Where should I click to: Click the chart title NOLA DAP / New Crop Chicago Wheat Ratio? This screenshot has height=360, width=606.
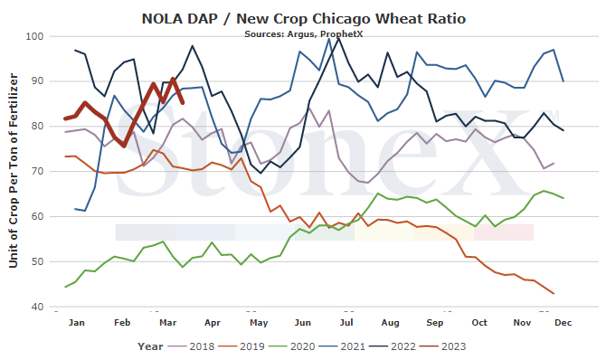(303, 19)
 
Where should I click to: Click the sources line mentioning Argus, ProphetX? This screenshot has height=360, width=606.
(303, 34)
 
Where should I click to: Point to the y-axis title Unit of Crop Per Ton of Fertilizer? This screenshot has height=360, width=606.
(14, 171)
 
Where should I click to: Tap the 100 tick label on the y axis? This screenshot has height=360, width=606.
(34, 36)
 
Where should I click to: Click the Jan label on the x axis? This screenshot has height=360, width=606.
(77, 323)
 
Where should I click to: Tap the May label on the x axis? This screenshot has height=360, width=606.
(259, 323)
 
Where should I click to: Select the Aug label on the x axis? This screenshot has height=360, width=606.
(390, 323)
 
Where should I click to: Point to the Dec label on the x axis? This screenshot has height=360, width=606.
(563, 323)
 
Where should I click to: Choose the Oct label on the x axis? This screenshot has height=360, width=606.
(479, 323)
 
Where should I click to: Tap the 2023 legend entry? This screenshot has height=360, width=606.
(443, 346)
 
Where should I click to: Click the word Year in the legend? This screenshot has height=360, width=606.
(150, 346)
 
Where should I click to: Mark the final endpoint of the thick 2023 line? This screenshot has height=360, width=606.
(183, 102)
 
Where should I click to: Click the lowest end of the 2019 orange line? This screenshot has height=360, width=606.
(554, 293)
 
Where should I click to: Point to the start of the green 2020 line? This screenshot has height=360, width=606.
(65, 287)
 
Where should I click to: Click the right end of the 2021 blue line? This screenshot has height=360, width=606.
(563, 81)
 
